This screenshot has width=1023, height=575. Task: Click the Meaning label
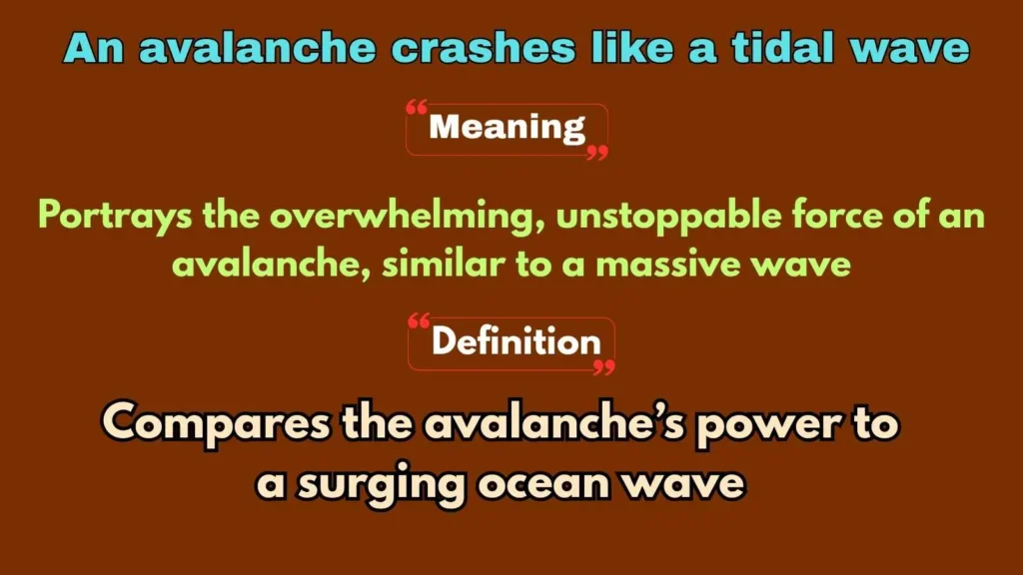pyautogui.click(x=508, y=128)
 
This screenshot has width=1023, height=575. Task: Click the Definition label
pyautogui.click(x=515, y=342)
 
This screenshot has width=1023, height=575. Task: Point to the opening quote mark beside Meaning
pyautogui.click(x=417, y=109)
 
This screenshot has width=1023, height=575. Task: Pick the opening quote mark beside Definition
pyautogui.click(x=419, y=321)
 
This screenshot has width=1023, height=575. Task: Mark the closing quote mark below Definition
pyautogui.click(x=603, y=367)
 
